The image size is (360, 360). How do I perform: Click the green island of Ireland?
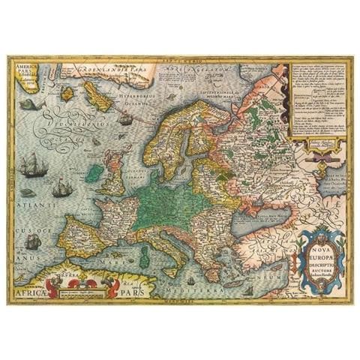point(94,173)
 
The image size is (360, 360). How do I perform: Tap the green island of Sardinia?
point(145,255)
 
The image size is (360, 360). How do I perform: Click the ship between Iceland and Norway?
point(125,118)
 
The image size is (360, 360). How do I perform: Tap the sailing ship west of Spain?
point(33,241)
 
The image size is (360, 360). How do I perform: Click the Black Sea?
point(259,217)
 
